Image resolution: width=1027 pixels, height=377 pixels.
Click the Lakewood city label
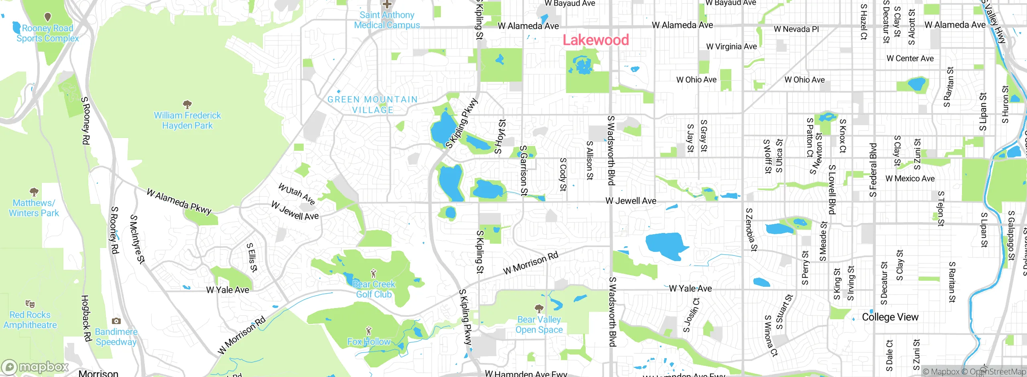(596, 40)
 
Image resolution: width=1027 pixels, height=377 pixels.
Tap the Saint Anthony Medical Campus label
(387, 20)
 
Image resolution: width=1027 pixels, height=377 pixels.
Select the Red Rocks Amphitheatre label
(30, 320)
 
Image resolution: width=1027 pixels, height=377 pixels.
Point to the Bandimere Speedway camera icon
(116, 321)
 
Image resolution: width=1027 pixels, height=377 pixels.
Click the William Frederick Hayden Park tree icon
(187, 105)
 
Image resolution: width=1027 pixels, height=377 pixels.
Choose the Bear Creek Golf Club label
(374, 289)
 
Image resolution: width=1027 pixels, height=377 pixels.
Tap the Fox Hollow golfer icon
(369, 331)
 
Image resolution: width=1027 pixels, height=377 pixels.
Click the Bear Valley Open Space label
(539, 324)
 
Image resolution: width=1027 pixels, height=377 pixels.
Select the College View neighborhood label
(890, 317)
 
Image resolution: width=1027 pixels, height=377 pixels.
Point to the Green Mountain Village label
(373, 104)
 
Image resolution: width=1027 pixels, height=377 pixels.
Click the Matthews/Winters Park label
(34, 208)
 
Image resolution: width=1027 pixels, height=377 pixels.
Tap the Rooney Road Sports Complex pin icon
(48, 17)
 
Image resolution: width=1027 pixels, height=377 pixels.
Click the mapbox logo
(35, 367)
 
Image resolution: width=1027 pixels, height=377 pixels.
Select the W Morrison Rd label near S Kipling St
(530, 263)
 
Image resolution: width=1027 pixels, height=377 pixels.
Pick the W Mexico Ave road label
(910, 178)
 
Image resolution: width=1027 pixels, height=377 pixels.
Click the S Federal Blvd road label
(873, 170)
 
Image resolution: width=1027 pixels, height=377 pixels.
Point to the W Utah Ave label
(296, 193)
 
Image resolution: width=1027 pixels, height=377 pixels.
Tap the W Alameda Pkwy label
(179, 201)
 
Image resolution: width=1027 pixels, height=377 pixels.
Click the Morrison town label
(98, 373)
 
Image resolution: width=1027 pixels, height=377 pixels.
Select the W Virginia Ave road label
(731, 47)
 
